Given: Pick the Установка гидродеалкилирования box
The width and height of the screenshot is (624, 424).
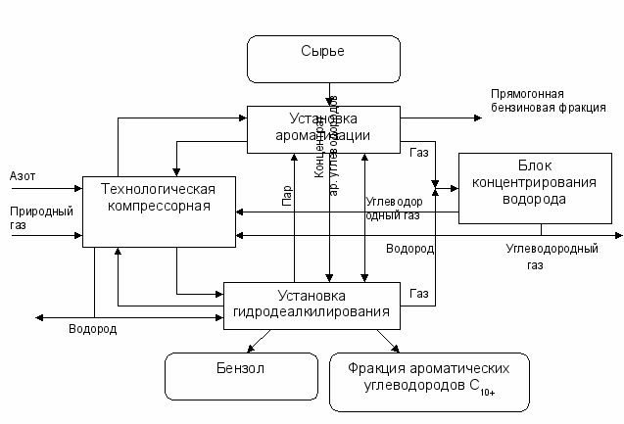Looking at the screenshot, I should pos(312,304).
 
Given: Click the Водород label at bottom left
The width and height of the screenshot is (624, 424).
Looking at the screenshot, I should pos(92,329).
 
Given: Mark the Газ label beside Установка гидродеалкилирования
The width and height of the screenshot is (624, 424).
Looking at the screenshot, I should pos(419,293).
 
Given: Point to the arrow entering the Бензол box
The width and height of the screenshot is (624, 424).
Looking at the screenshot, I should pos(253,347).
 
